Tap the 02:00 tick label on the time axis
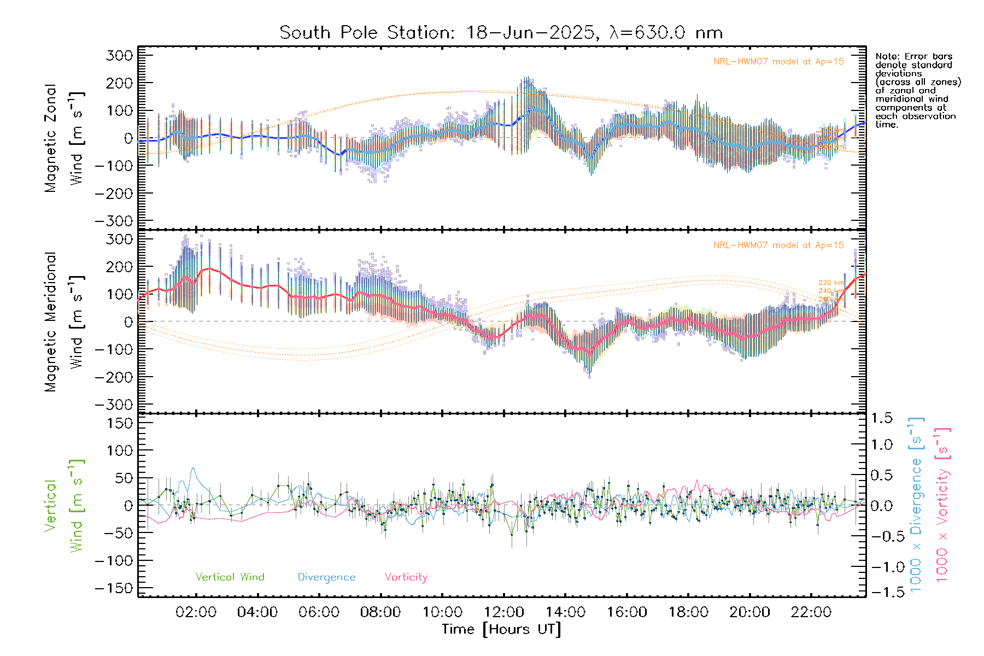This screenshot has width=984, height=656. (x=196, y=612)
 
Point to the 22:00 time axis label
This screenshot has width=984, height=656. (x=811, y=612)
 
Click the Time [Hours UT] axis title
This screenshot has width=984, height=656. (x=501, y=629)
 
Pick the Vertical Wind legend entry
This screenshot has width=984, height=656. (x=230, y=577)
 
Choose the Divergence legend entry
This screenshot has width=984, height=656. (x=326, y=577)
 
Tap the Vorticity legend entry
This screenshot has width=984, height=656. (x=406, y=577)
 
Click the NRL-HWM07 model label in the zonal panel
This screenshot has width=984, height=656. (x=778, y=62)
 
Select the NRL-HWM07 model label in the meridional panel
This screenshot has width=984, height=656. (x=778, y=245)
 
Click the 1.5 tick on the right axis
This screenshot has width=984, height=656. (x=881, y=418)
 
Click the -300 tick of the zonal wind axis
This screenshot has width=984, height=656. (x=114, y=221)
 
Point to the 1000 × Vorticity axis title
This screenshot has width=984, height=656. (x=942, y=506)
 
